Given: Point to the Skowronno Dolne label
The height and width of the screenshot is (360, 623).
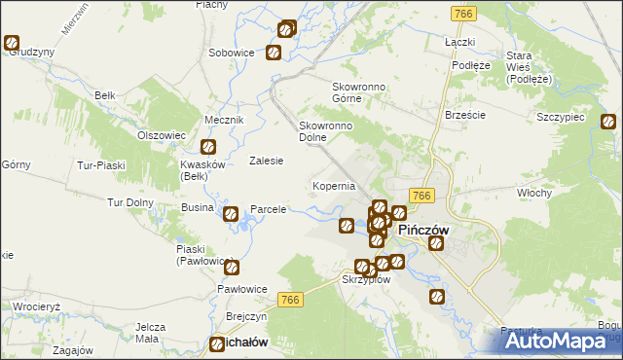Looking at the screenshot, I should point(325,131).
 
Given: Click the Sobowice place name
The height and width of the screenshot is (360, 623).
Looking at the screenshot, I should point(232,52).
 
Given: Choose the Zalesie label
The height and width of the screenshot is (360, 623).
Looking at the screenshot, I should point(266,161).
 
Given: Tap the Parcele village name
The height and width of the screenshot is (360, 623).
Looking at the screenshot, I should point(269,209).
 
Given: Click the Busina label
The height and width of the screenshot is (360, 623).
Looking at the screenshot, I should point(198,209).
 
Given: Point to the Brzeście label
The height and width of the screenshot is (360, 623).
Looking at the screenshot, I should point(464,114).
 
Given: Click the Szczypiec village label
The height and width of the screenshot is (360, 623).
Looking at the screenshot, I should point(560,117).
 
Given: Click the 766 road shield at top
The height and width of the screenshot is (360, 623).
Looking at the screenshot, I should point(463,14).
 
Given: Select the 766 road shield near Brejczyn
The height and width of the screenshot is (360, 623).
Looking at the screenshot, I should point(289,302).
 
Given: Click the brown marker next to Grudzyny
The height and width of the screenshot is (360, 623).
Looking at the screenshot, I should point(12,43).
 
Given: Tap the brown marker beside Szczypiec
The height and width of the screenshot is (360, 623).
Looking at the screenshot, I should point(608,123).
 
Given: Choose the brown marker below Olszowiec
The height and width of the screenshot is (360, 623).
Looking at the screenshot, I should point(207,148).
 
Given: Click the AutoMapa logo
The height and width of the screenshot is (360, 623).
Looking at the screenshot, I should point(558,342).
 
